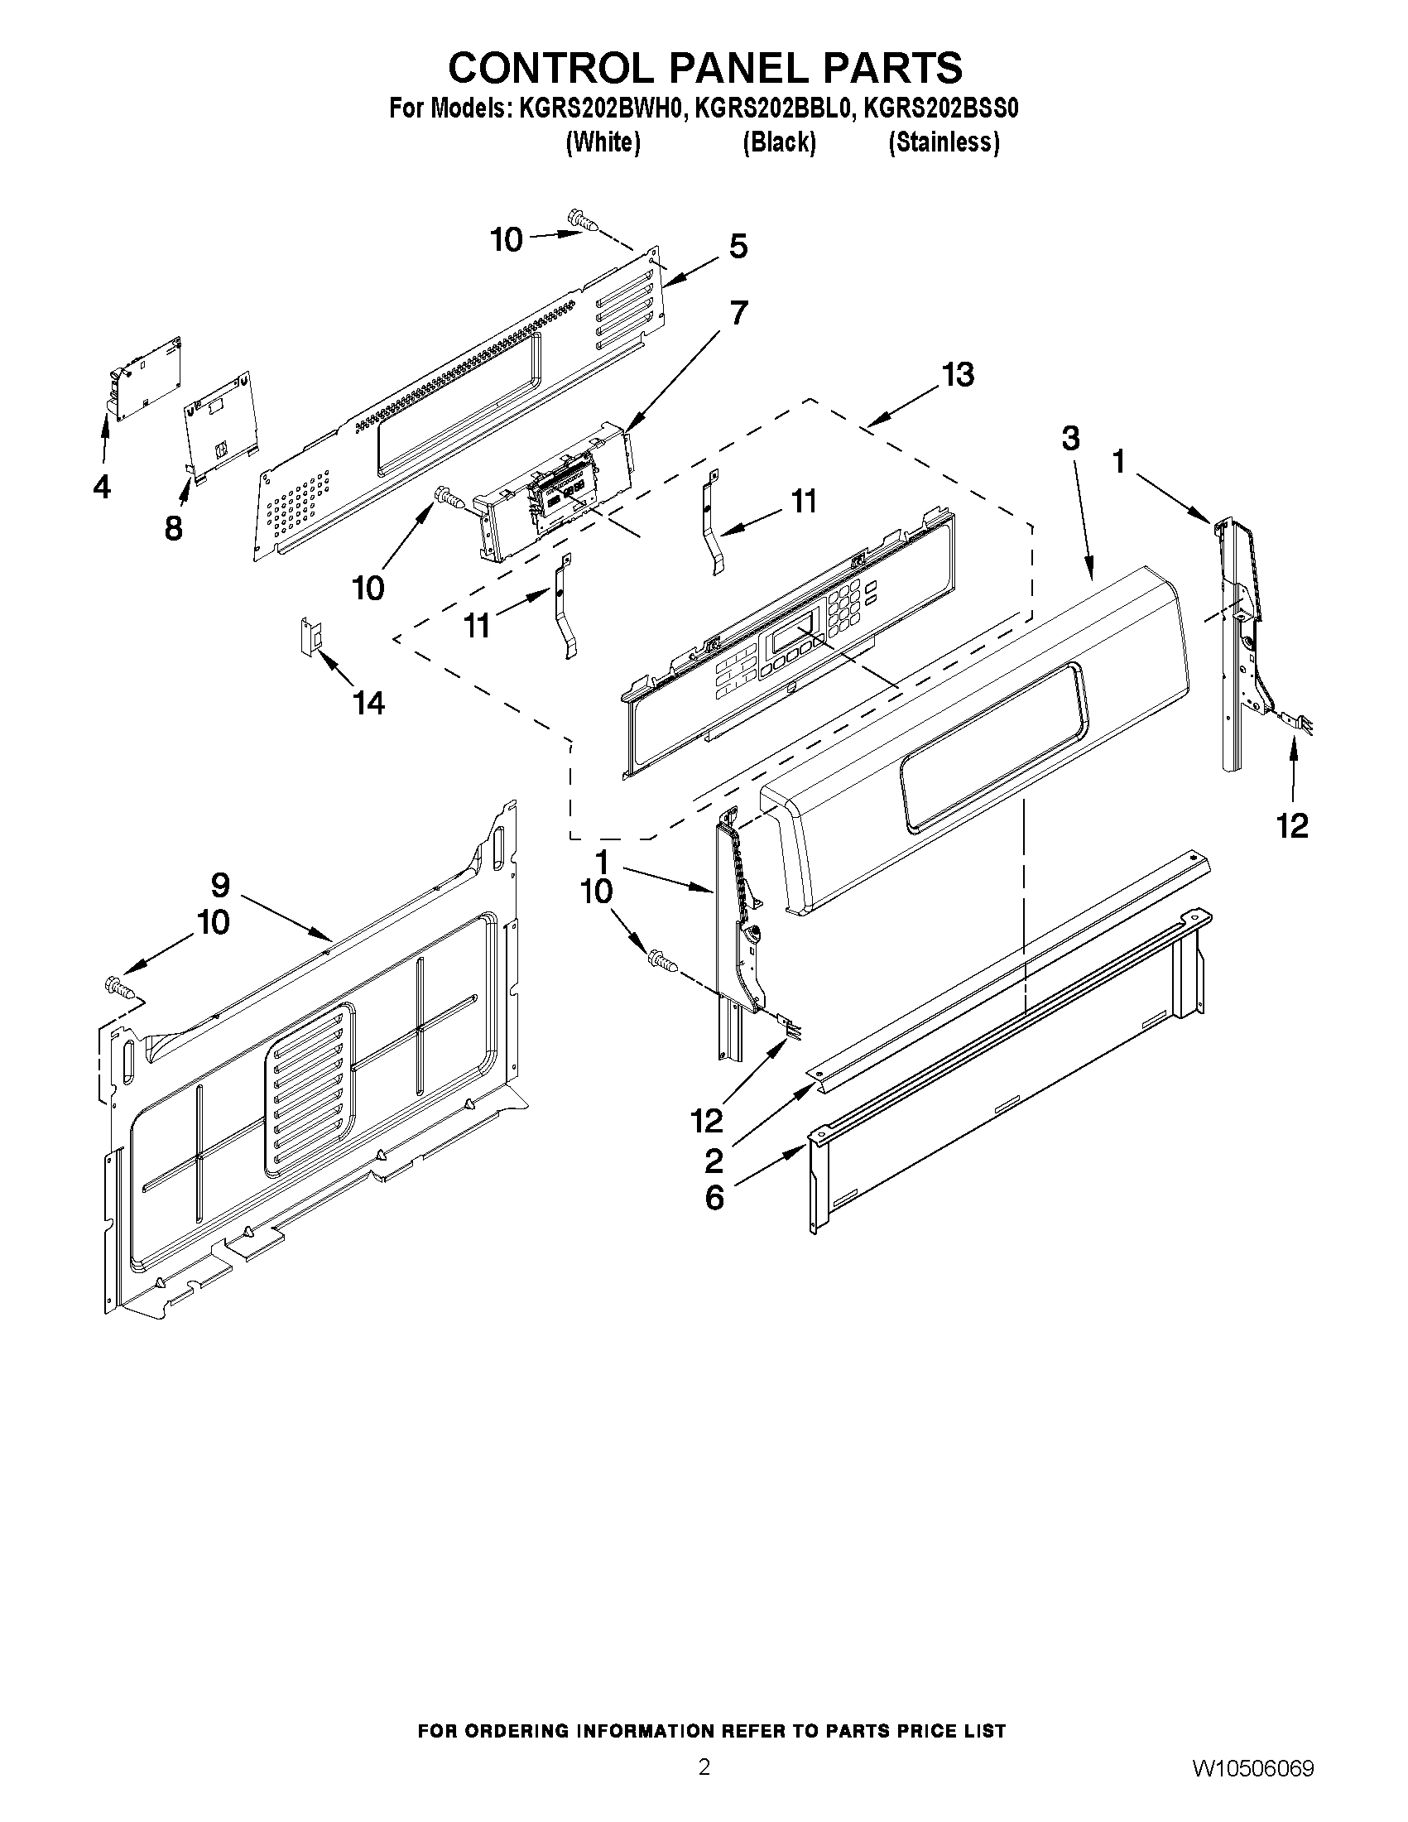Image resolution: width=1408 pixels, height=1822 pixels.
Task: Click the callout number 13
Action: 958,376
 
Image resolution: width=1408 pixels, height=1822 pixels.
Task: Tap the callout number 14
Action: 368,704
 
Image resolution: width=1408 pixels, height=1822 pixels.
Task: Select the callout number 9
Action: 220,884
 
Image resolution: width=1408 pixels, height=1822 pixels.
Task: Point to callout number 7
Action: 738,313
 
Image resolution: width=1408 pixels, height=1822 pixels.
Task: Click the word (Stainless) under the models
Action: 944,142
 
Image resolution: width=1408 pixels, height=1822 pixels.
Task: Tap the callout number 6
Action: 715,1199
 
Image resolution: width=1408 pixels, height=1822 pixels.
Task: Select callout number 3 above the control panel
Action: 1070,439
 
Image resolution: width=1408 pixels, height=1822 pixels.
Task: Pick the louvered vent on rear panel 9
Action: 309,1092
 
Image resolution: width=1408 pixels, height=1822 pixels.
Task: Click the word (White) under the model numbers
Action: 603,142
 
